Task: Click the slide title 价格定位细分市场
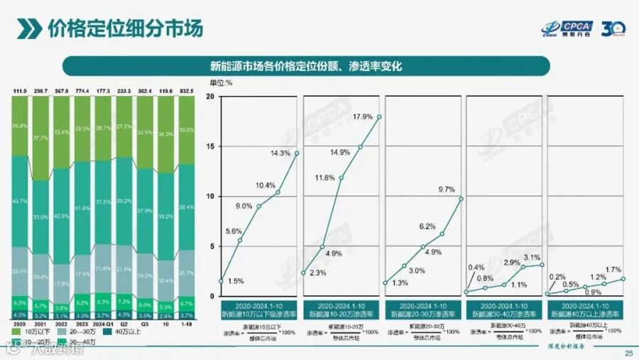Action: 125,28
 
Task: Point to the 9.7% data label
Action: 446,190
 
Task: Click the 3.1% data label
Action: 532,257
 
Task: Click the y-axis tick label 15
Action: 210,146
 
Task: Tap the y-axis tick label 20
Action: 210,96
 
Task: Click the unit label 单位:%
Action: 220,83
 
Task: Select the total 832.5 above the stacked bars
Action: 186,92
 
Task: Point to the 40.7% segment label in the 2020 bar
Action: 20,201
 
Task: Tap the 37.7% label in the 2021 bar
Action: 40,138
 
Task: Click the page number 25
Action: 628,353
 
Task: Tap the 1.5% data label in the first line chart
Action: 236,281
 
